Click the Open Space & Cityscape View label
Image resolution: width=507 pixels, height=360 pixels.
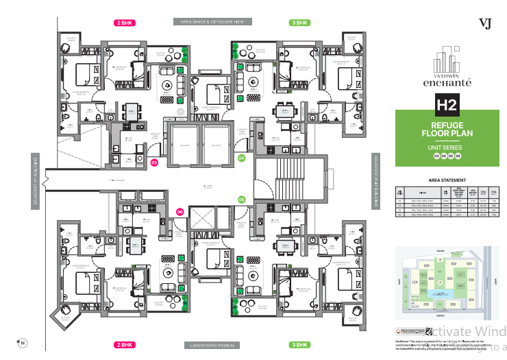point(212,22)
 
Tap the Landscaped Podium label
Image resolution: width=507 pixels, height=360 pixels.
point(212,344)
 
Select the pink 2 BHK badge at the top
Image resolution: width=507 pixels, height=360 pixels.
point(125,22)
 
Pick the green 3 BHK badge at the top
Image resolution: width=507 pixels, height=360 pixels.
point(299,22)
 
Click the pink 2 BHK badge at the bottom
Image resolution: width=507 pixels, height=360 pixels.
point(125,344)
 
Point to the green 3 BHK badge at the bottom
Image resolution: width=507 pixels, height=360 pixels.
point(299,344)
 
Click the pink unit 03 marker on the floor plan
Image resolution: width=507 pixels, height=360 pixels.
point(154,163)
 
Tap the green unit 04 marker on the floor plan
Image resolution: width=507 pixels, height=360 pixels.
point(241,158)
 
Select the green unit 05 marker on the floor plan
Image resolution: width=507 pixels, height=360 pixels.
point(241,200)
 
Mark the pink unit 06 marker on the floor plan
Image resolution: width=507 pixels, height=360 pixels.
point(180,213)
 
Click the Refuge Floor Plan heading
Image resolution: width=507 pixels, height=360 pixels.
point(447,130)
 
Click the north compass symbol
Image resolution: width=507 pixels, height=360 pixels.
point(22,342)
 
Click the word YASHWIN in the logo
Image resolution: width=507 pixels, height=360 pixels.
point(447,76)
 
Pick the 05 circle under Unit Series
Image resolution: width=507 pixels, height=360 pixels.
point(450,156)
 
